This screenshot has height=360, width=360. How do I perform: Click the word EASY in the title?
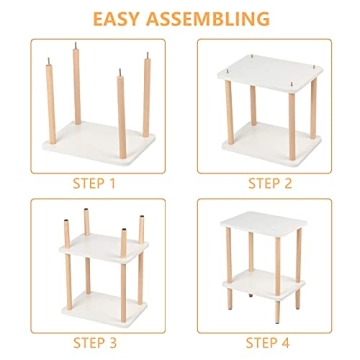coord(123,18)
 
